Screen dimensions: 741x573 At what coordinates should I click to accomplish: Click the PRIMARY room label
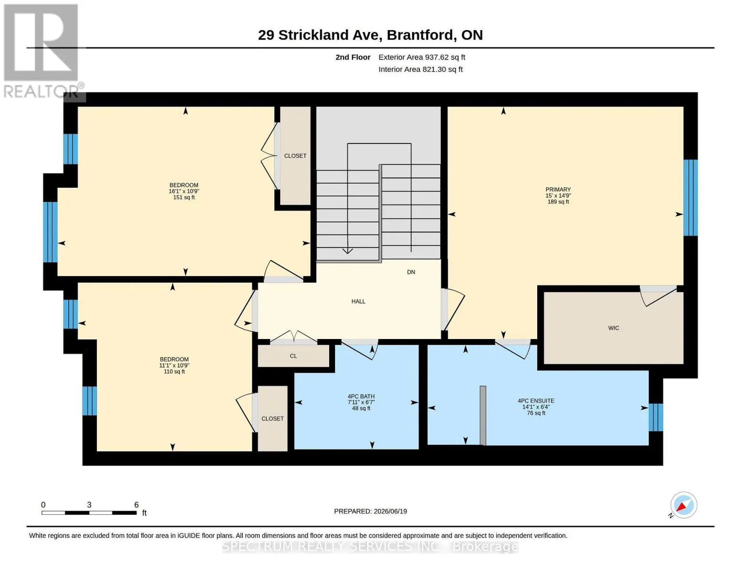558,190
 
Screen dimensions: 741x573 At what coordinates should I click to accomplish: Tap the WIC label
614,328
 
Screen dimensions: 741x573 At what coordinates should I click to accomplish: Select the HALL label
358,301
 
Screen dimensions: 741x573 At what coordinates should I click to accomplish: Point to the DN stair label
411,272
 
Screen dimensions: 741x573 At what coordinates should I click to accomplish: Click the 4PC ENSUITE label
536,401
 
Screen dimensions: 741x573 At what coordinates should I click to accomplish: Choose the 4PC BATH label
361,396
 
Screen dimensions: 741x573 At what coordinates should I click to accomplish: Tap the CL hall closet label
293,356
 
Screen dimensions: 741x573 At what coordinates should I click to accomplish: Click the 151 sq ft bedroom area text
184,197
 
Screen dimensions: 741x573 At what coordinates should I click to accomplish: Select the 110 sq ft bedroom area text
174,371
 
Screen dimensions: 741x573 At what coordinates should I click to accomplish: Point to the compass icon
683,505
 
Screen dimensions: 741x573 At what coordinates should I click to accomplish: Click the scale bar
89,513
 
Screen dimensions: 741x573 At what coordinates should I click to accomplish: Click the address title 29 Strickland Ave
317,35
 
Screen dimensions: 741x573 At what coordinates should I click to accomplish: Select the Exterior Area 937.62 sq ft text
422,57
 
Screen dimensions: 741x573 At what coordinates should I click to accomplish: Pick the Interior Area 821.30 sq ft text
420,69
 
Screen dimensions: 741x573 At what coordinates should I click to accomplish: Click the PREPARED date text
370,511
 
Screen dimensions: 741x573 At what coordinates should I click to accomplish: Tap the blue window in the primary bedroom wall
690,198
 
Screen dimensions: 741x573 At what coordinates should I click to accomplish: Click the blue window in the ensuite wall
656,417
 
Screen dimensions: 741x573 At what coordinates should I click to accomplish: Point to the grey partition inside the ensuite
483,415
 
